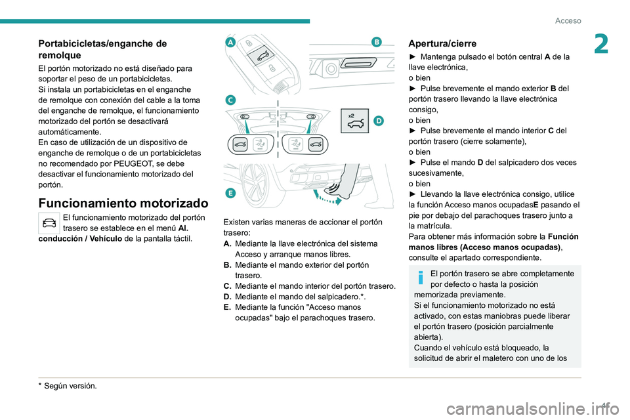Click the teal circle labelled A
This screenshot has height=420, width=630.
click(x=230, y=42)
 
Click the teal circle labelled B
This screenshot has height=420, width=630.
click(x=377, y=42)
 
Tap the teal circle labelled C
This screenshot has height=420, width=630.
click(x=230, y=100)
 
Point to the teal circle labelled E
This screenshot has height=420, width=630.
click(x=230, y=192)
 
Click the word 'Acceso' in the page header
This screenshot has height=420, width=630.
click(x=568, y=20)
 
